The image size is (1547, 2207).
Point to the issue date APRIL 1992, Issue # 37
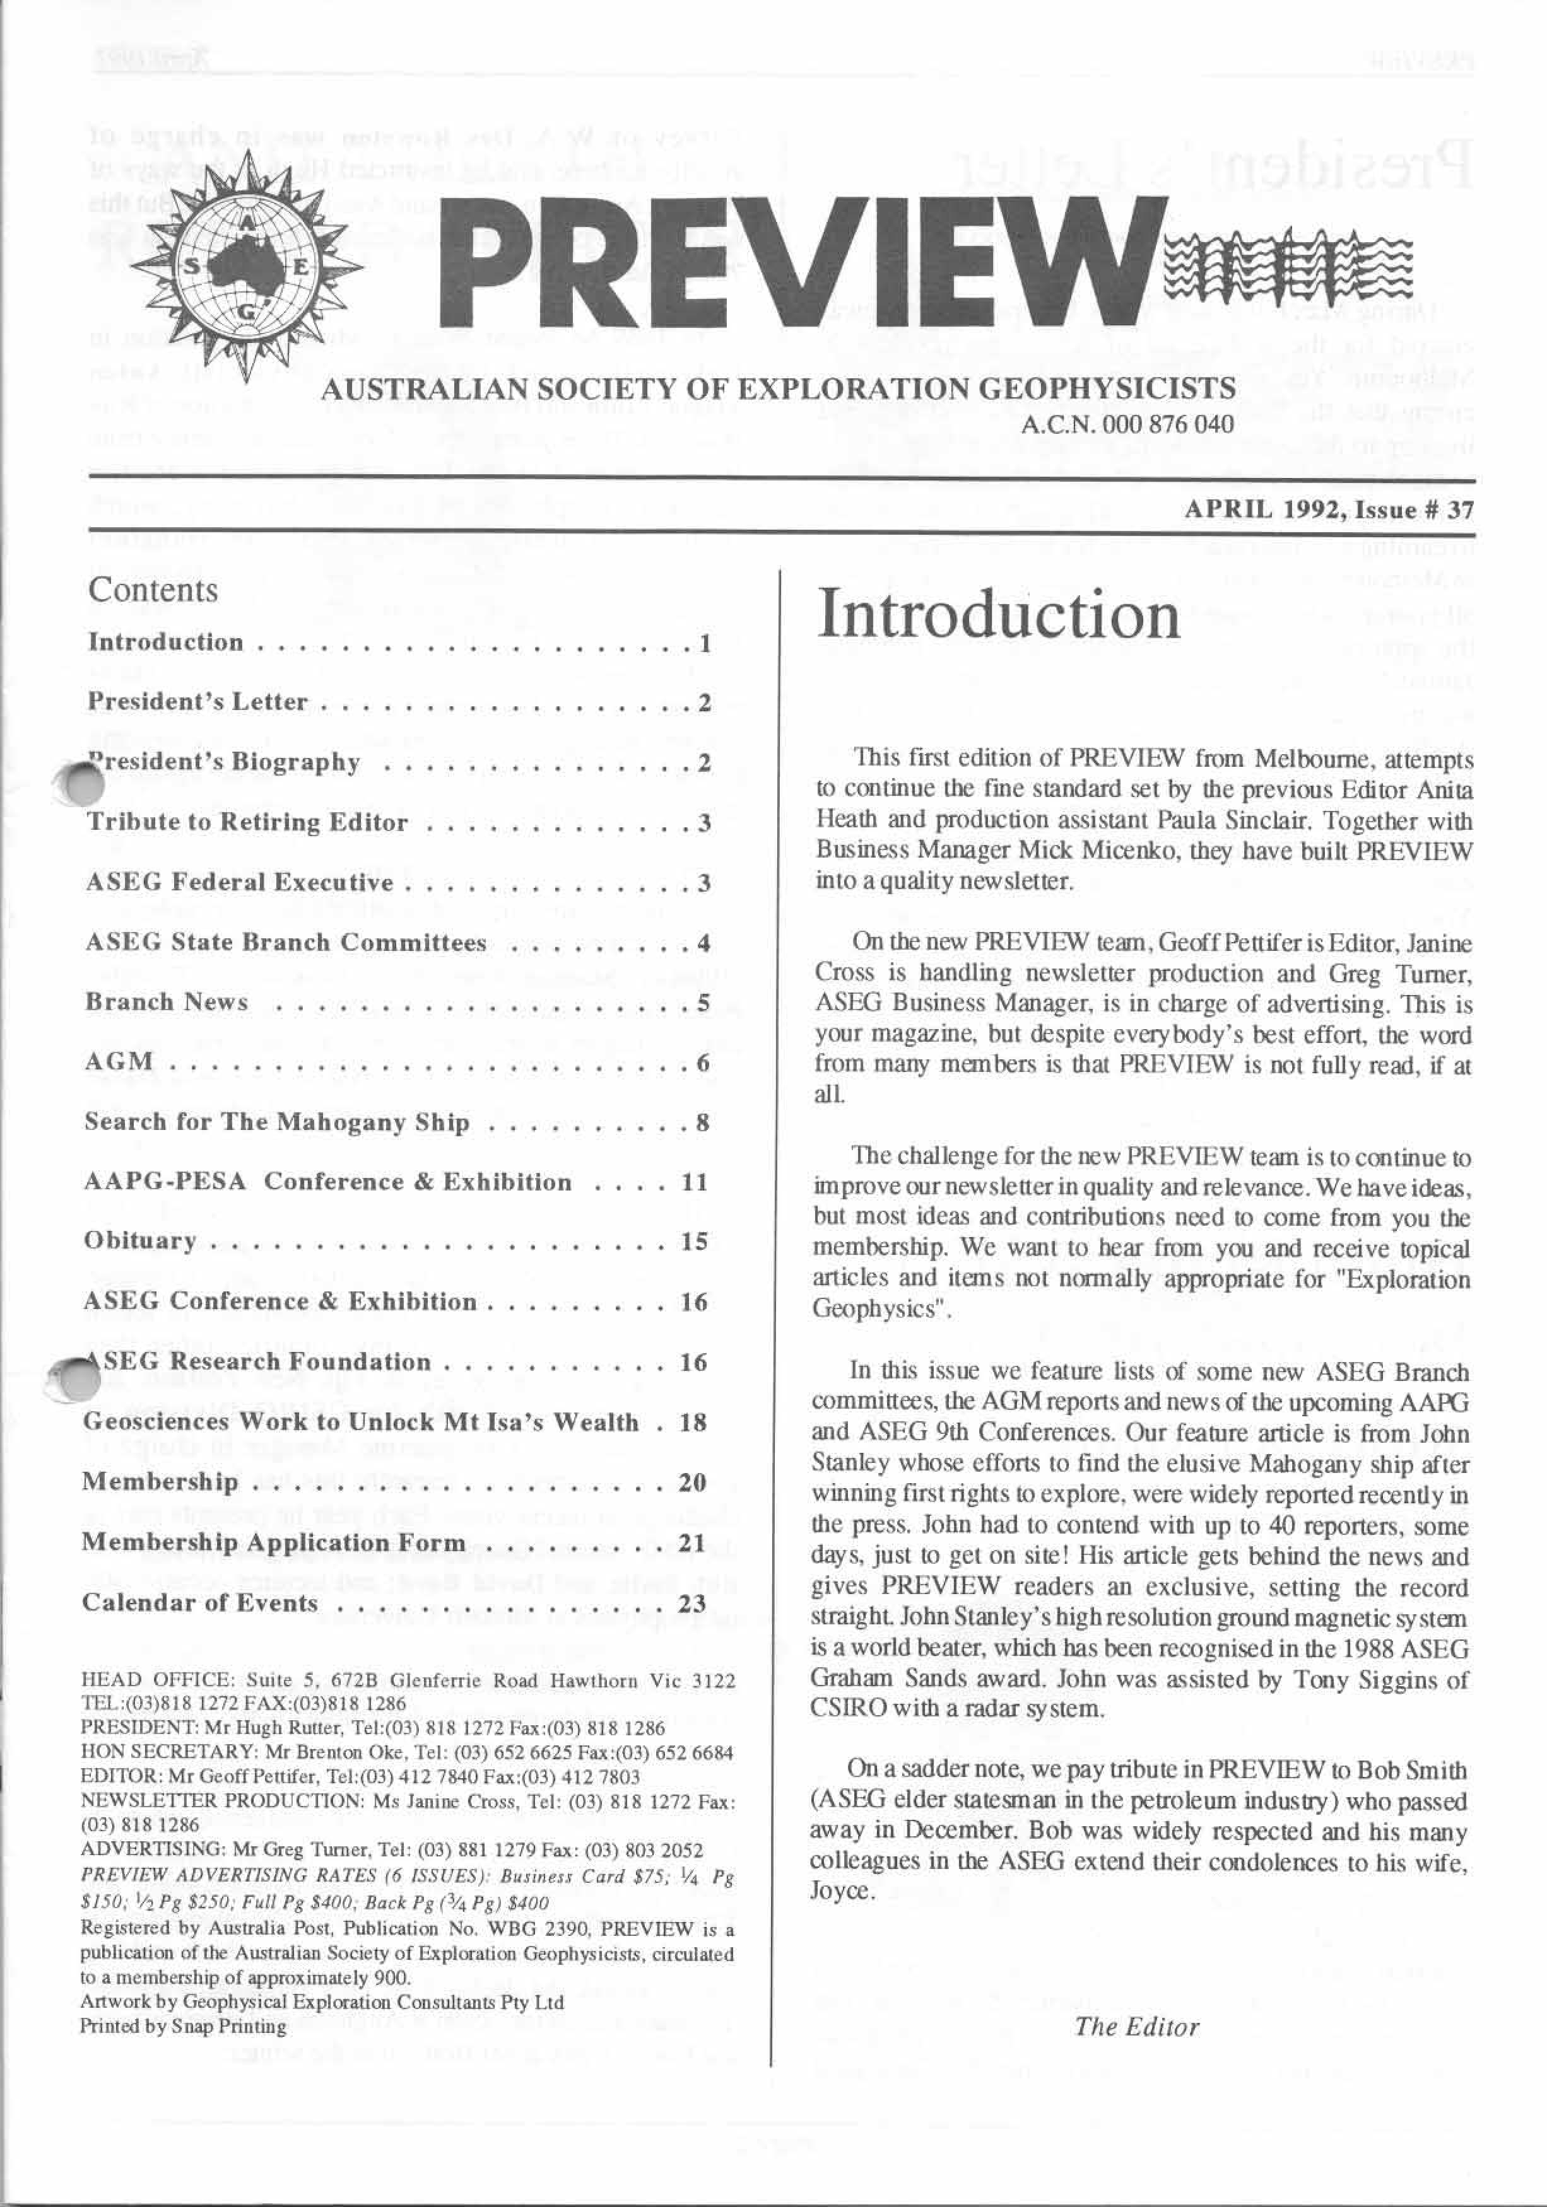1330,510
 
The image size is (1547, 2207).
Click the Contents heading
153,589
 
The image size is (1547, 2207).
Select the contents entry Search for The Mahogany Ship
277,1122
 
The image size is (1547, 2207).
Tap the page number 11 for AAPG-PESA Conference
694,1181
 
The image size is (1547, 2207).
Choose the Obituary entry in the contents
140,1241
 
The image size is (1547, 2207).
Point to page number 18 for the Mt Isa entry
692,1423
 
